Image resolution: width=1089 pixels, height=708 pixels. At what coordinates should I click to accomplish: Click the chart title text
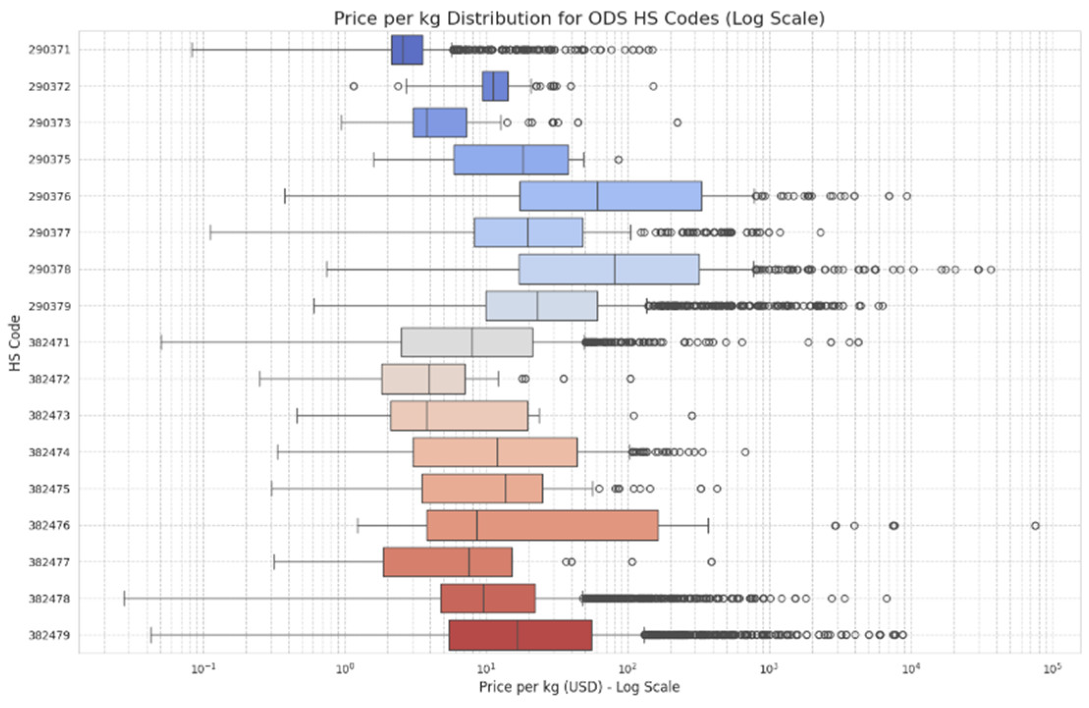[x=579, y=19]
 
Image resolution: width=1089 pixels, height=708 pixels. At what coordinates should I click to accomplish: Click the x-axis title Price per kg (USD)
[x=579, y=686]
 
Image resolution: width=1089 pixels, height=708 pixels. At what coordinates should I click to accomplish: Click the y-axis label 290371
[x=49, y=50]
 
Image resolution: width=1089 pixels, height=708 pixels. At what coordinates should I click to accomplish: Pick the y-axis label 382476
[x=49, y=525]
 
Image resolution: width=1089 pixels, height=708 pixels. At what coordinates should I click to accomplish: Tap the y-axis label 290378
[x=49, y=269]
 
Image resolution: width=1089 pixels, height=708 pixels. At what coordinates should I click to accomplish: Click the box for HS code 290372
[x=495, y=86]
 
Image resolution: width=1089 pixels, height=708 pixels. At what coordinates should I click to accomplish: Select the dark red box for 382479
[x=520, y=635]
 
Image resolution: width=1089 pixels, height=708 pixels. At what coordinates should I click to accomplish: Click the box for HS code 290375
[x=510, y=159]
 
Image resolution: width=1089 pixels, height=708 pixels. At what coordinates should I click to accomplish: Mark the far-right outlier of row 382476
[x=1035, y=525]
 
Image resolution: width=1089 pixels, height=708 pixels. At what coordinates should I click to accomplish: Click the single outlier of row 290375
[x=618, y=159]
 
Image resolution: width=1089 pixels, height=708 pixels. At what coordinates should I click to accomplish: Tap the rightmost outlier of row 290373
[x=677, y=123]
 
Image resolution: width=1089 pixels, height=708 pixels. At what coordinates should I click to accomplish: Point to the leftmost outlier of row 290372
[x=353, y=86]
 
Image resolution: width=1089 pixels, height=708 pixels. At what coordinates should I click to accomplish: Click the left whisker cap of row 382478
[x=124, y=598]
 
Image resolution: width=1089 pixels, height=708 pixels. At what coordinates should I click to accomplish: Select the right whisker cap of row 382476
[x=708, y=525]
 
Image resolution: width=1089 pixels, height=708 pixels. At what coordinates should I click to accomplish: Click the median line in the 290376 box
[x=597, y=196]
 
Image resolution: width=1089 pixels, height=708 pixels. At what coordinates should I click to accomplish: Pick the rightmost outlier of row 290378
[x=990, y=269]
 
